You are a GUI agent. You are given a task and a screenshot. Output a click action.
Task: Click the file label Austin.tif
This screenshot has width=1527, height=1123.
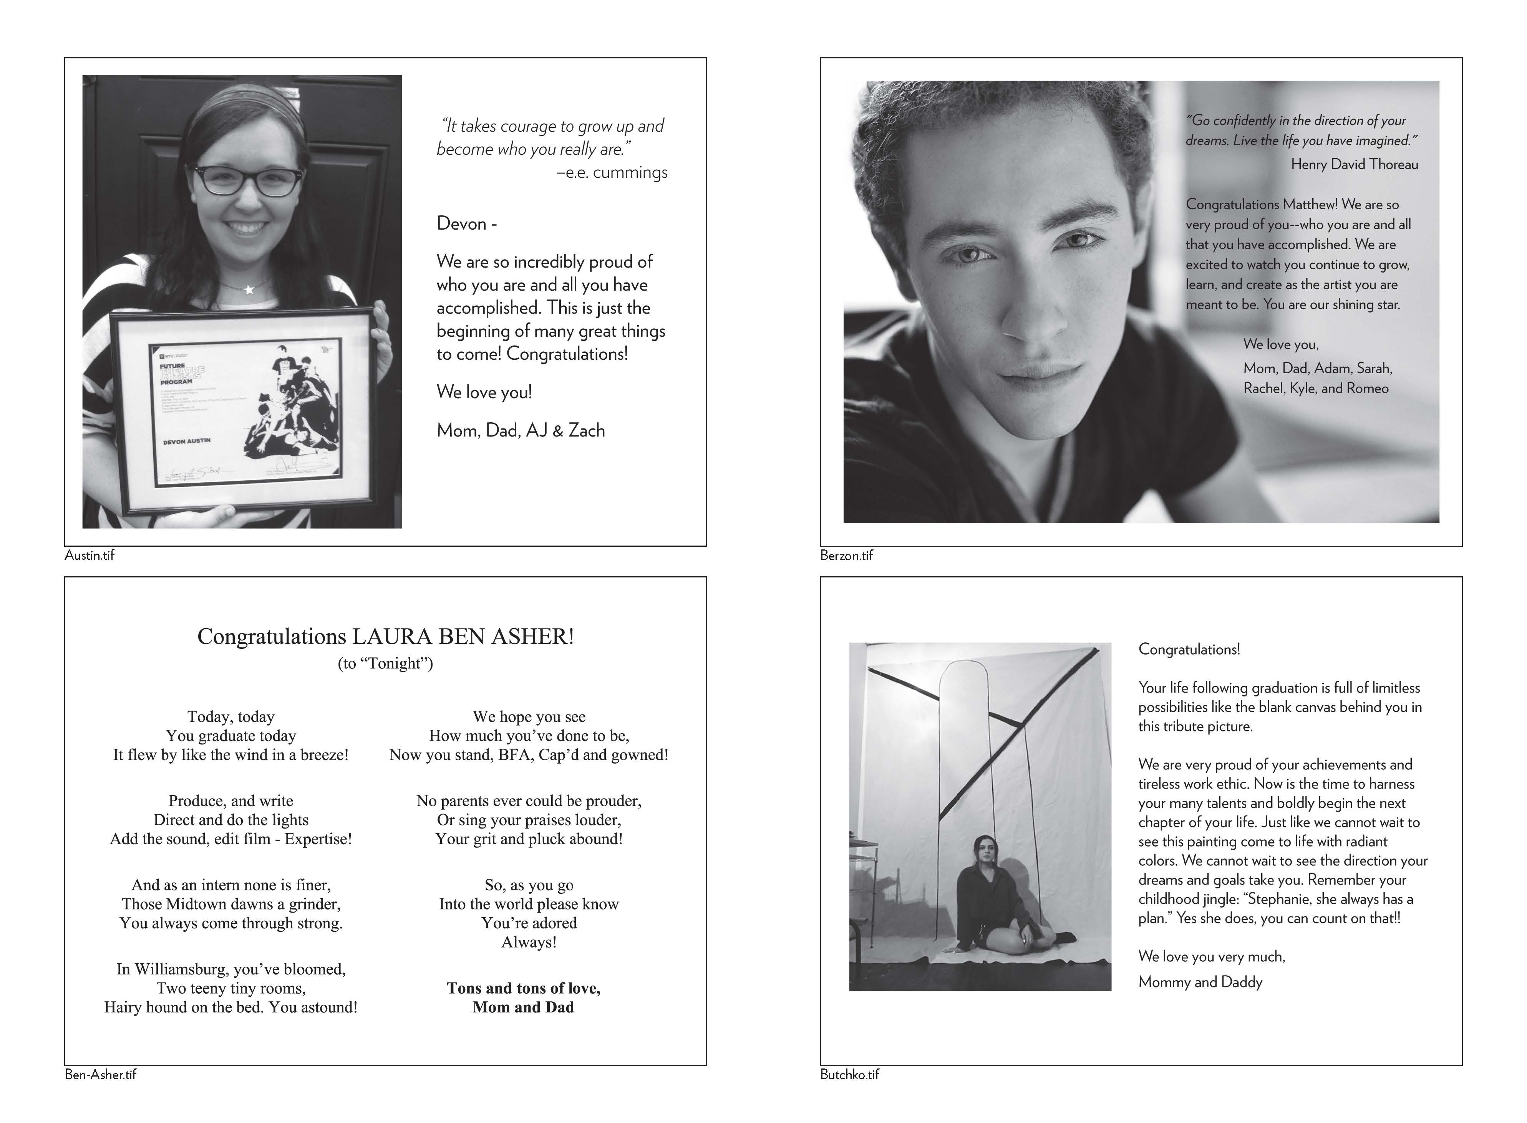[89, 556]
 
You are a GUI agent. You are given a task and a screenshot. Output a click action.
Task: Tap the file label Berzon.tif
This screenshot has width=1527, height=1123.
[846, 556]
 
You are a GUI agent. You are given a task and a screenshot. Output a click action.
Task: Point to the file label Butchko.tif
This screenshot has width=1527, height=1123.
[849, 1075]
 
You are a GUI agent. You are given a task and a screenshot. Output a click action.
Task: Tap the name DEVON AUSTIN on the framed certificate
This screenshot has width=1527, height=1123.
[186, 441]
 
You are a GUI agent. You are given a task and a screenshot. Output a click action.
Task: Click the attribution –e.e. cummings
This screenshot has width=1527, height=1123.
[612, 173]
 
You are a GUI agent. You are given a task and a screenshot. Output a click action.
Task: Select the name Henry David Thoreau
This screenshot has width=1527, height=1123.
[1354, 164]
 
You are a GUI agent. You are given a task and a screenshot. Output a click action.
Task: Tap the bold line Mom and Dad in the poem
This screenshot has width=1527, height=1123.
[523, 1007]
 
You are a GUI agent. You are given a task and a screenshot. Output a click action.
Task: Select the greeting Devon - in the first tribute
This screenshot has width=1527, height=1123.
[467, 224]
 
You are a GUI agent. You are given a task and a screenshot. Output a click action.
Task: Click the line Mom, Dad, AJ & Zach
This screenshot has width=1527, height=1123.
[521, 430]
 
